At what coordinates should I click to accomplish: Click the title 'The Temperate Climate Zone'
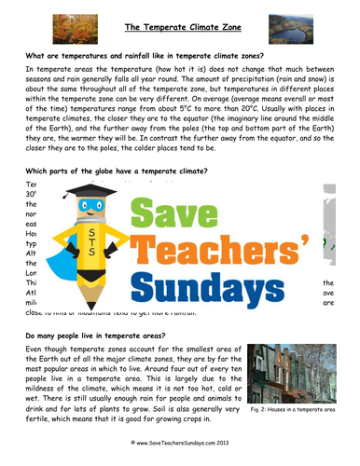point(179,28)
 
